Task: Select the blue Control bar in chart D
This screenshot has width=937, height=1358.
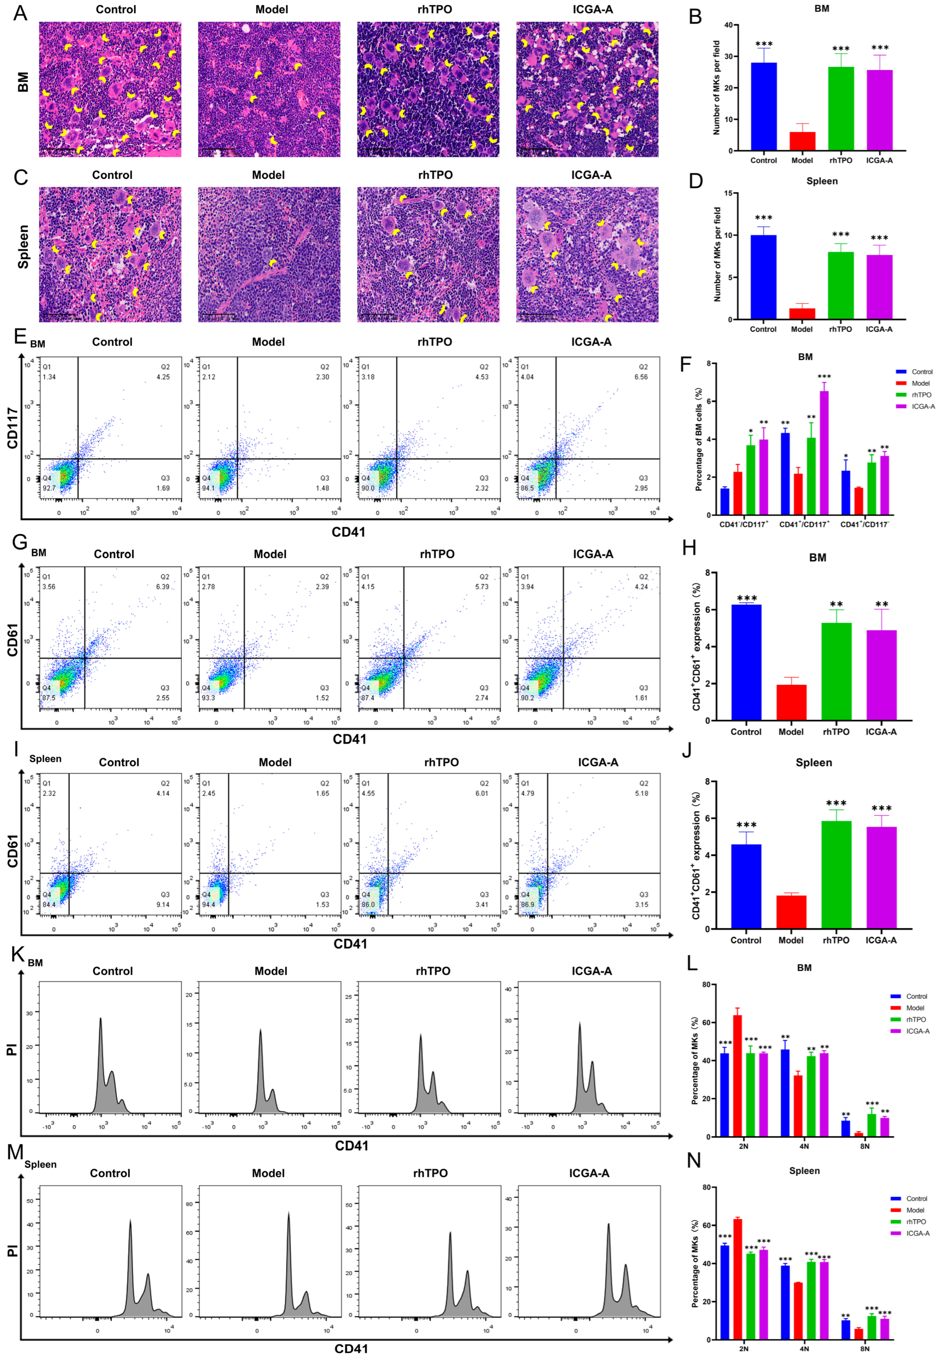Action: (x=763, y=277)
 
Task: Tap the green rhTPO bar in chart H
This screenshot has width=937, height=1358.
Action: (x=836, y=671)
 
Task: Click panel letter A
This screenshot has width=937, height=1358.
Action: (x=20, y=13)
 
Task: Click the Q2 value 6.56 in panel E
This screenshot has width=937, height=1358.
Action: (x=641, y=377)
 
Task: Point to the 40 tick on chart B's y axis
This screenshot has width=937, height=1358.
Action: (x=728, y=25)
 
